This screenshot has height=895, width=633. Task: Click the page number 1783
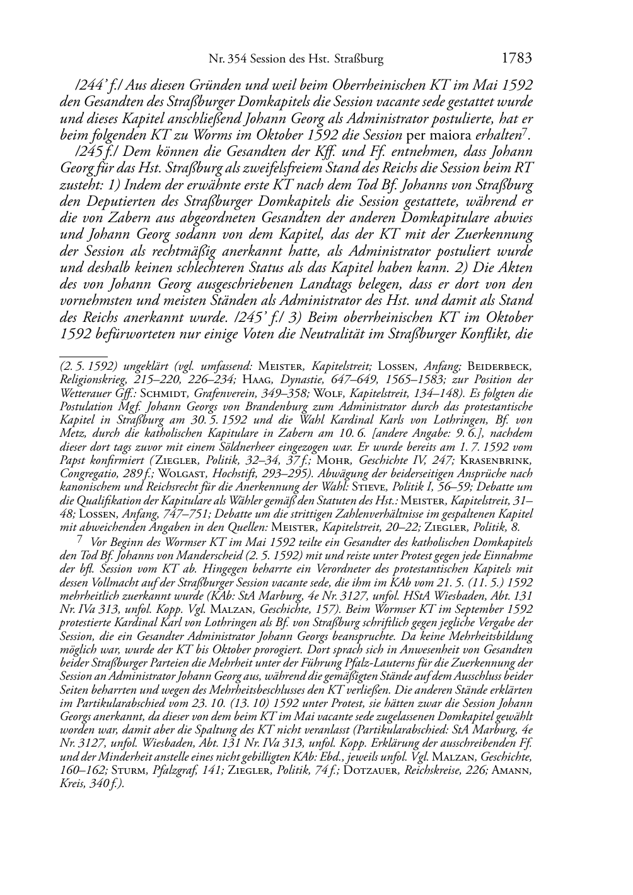517,59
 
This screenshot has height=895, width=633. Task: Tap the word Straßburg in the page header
359,59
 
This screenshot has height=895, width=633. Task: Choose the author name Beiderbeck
508,366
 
